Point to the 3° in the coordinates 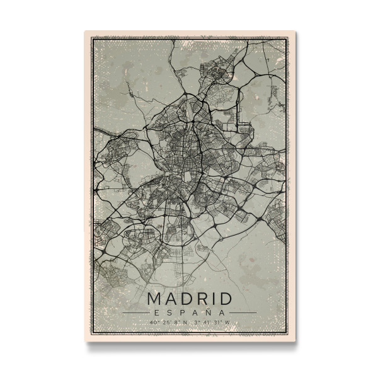click(x=197, y=323)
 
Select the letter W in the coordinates click(x=227, y=323)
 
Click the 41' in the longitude click(x=206, y=323)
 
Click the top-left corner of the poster click(x=84, y=31)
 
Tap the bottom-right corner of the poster click(x=295, y=342)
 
